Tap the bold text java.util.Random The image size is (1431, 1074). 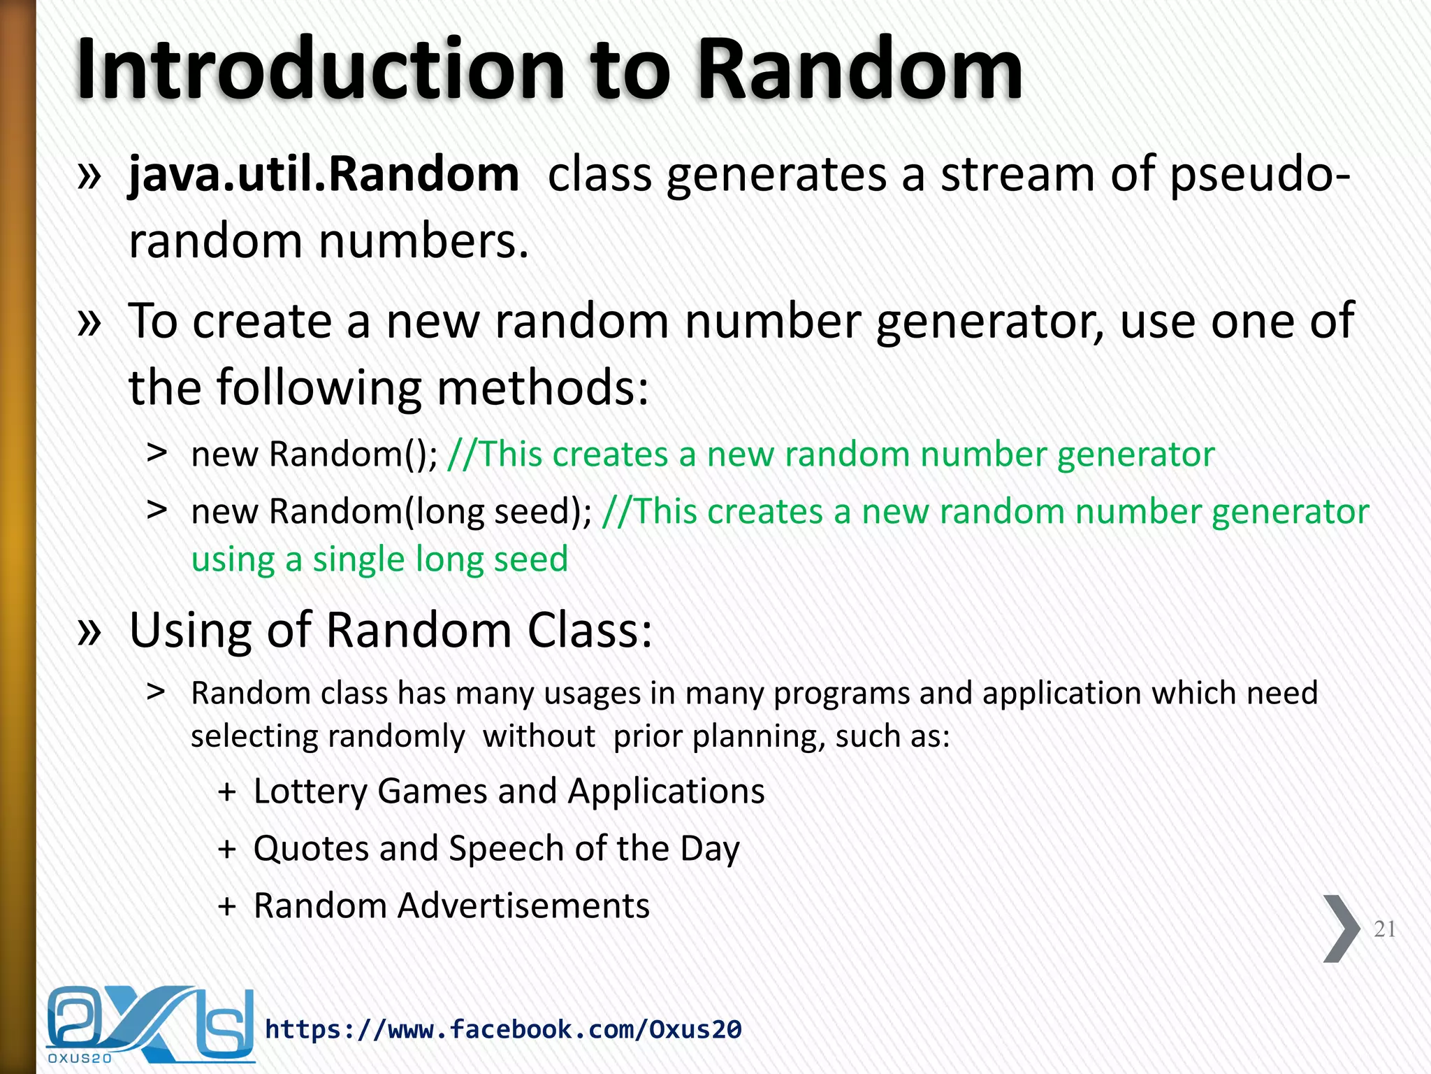(x=324, y=175)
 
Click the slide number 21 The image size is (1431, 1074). (x=1384, y=929)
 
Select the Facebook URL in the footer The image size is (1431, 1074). (x=503, y=1029)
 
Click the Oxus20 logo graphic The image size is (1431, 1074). (x=150, y=1025)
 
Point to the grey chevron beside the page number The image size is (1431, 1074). (x=1340, y=929)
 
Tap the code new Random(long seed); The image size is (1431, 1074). (x=391, y=512)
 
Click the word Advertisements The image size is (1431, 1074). (x=523, y=906)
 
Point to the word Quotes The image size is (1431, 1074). (x=310, y=849)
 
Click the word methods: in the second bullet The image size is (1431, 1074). (x=542, y=388)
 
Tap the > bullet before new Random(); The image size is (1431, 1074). (x=157, y=454)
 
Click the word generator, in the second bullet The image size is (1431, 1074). (x=990, y=322)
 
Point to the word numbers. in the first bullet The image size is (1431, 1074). (x=423, y=242)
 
